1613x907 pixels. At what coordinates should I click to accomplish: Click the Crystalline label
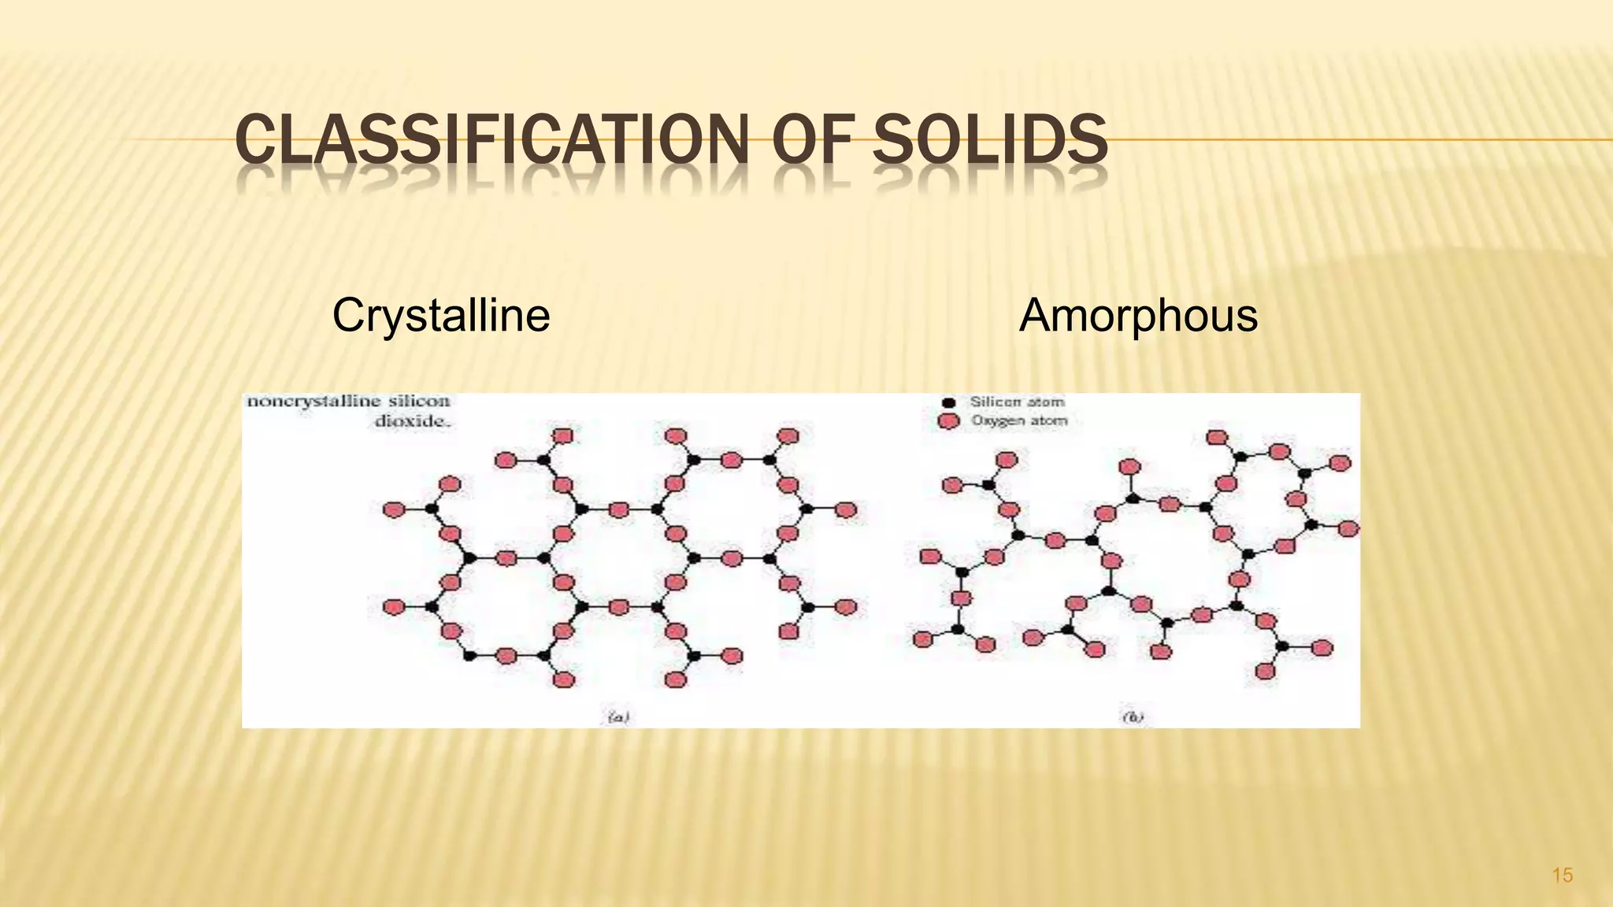(x=440, y=316)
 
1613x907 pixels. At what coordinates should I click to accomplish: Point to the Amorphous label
(x=1138, y=316)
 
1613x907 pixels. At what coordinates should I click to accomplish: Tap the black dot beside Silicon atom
(x=949, y=403)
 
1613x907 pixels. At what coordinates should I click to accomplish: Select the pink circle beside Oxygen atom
(x=949, y=421)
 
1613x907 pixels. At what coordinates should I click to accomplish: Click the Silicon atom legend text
(x=1017, y=402)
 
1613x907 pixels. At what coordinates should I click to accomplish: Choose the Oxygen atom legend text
(x=1019, y=420)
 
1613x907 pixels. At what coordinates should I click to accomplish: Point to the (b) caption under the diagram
(x=1133, y=716)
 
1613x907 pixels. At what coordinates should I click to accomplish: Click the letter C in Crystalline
(x=347, y=316)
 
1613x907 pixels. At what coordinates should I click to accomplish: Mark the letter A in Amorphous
(x=1034, y=316)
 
